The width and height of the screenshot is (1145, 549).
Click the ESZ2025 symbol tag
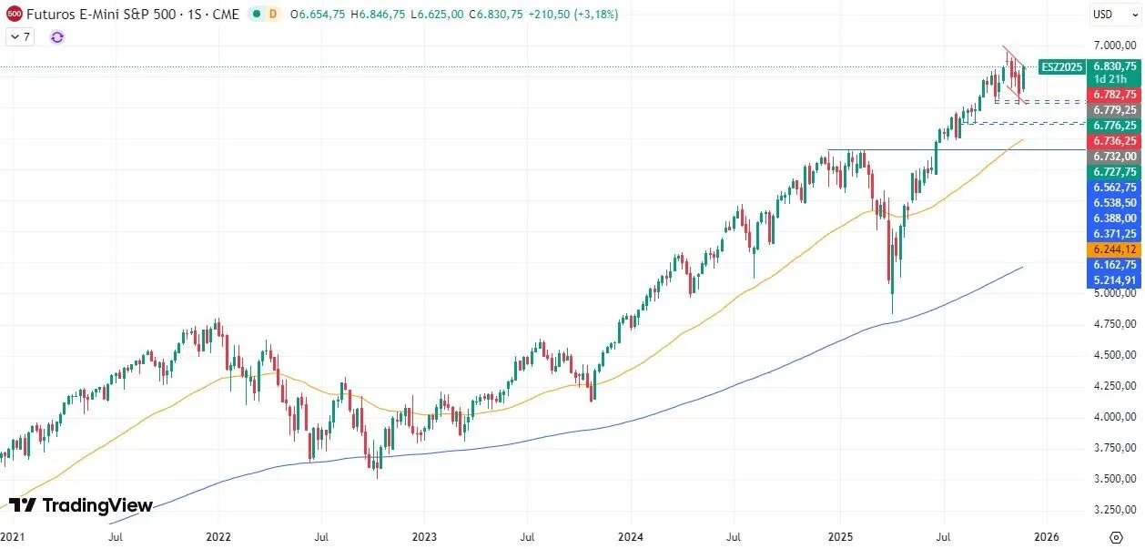tap(1061, 66)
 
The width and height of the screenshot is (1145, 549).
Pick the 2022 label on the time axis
tap(218, 537)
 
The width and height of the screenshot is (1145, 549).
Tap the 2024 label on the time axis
tap(631, 537)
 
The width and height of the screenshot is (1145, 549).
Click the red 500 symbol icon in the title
tap(15, 15)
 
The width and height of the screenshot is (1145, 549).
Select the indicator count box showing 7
tap(21, 36)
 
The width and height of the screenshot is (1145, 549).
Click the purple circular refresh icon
tap(57, 36)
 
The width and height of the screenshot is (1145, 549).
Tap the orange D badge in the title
tap(271, 15)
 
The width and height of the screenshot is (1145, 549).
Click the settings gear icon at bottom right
tap(1116, 536)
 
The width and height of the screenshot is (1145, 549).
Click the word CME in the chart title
tap(226, 15)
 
